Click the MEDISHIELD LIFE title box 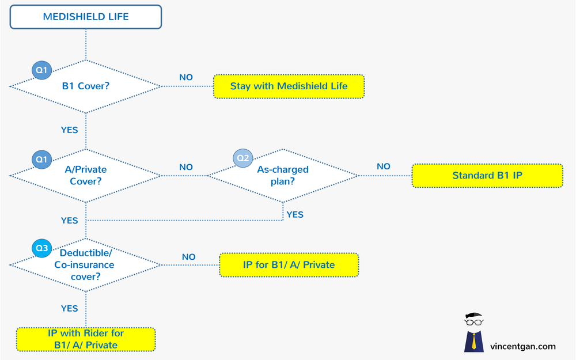coord(86,17)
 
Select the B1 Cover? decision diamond coord(86,86)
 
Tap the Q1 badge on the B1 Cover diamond coord(41,70)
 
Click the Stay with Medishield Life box coord(289,86)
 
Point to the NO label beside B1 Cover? coord(186,77)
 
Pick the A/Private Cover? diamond coord(86,175)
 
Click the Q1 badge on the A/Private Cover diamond coord(41,158)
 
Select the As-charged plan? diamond coord(282,175)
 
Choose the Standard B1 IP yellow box coord(487,175)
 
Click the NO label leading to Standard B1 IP coord(384,166)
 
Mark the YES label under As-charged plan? coord(294,214)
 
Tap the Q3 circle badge coord(41,248)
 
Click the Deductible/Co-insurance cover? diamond coord(86,265)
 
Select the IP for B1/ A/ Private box coord(289,265)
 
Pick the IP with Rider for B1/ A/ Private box coord(86,339)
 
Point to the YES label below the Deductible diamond coord(69,308)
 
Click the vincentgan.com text coord(522,346)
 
